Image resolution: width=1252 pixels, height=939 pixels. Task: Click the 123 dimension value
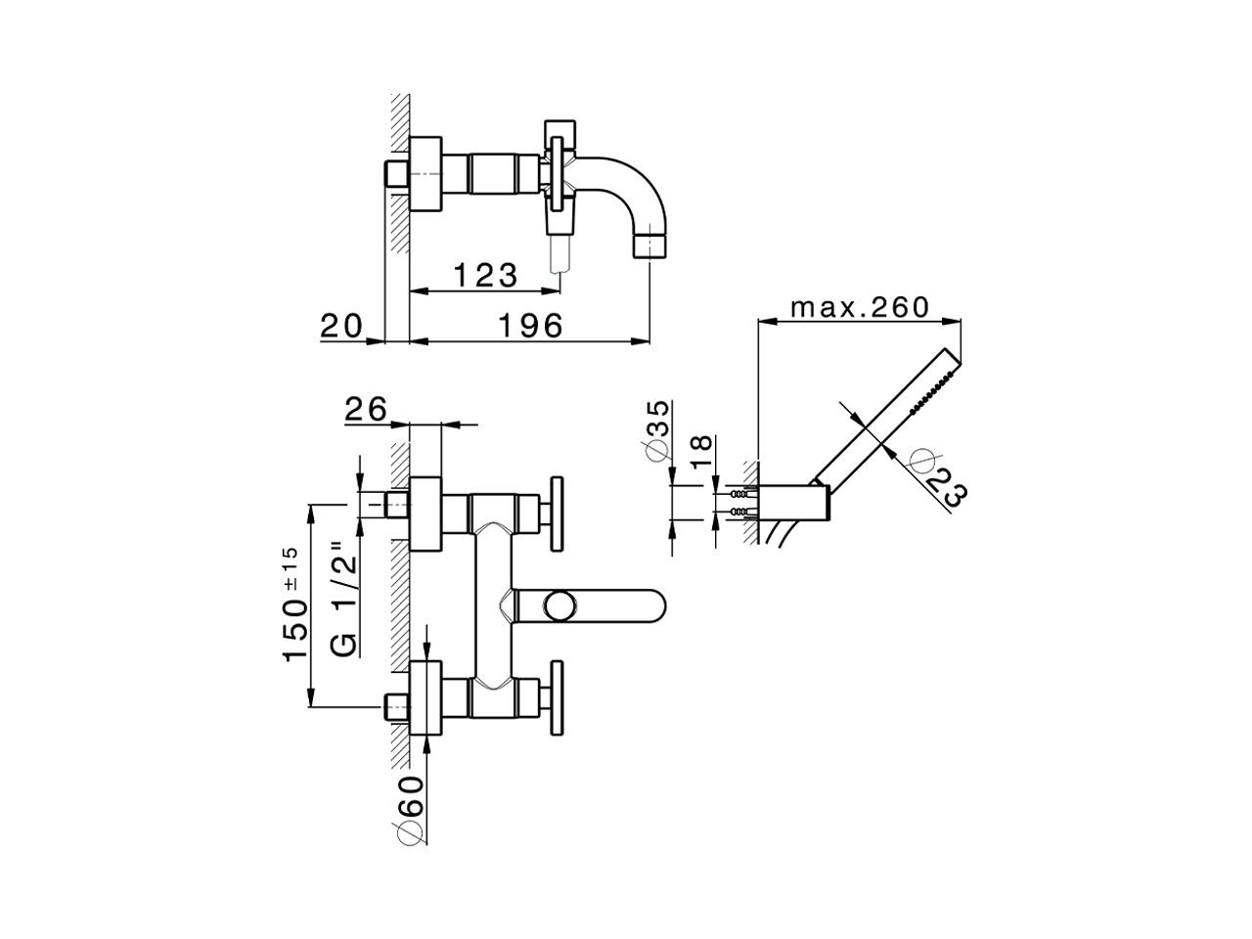484,275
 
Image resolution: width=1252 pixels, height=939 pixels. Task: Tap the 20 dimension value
341,325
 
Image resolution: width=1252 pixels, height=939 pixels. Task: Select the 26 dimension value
367,409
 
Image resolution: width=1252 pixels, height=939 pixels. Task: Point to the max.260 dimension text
860,307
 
